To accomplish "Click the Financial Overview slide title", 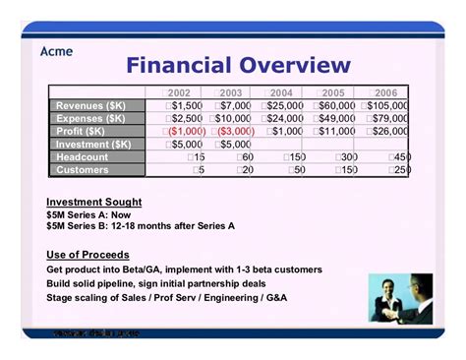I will (x=238, y=66).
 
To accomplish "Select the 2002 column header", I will (x=179, y=92).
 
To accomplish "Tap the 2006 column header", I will (x=385, y=92).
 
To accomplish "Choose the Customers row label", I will (x=83, y=169).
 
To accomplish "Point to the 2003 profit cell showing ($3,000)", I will (x=230, y=131).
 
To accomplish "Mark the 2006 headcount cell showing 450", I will (x=399, y=156).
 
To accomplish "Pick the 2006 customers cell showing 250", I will (x=399, y=169).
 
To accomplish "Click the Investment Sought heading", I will (x=94, y=203).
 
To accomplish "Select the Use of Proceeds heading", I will (x=87, y=255).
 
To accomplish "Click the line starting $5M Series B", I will (x=141, y=225).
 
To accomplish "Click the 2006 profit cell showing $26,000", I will (x=388, y=131).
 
